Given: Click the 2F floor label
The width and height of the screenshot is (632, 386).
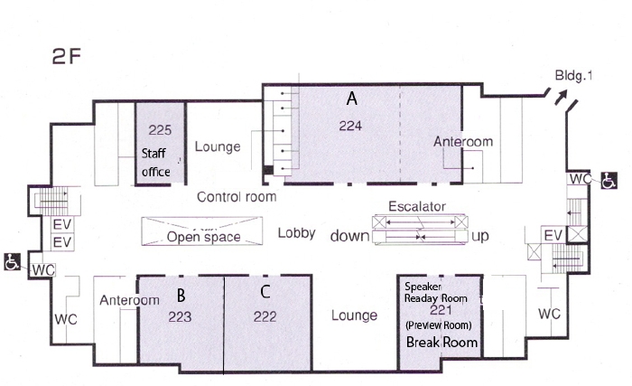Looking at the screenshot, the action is tap(67, 56).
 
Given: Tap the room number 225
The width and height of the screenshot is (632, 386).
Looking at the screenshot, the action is tap(160, 130).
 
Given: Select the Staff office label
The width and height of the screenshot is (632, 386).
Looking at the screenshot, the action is tap(156, 163).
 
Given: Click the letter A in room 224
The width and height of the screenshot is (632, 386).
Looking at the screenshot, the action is tap(352, 99).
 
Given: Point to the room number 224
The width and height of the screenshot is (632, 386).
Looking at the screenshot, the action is tap(350, 126).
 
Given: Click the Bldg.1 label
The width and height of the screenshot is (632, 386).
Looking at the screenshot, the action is tap(573, 75).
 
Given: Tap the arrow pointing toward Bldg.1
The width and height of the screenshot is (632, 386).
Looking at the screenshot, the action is tap(561, 98).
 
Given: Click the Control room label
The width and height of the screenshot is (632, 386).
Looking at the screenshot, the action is tap(237, 197).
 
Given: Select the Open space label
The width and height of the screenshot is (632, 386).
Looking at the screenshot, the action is tap(203, 237).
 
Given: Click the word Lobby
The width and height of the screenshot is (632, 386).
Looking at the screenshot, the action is tap(296, 233).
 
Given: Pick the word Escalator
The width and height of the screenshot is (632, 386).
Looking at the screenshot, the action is tap(417, 206).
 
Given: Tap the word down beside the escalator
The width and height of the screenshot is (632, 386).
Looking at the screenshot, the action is tap(349, 236).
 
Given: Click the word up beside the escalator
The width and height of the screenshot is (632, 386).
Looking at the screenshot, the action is tap(480, 236).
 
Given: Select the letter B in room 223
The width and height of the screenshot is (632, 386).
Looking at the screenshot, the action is tap(181, 296).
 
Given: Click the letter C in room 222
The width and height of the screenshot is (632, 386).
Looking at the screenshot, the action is tap(265, 291).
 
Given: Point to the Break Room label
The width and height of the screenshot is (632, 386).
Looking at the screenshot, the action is tap(441, 342).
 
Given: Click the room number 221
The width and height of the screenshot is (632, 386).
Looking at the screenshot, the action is tap(441, 310).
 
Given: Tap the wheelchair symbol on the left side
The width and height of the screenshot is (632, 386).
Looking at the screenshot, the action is tap(12, 261).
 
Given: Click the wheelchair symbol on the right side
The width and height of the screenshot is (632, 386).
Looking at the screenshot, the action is tap(609, 180).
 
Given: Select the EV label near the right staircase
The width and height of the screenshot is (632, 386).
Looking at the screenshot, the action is tap(553, 235).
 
